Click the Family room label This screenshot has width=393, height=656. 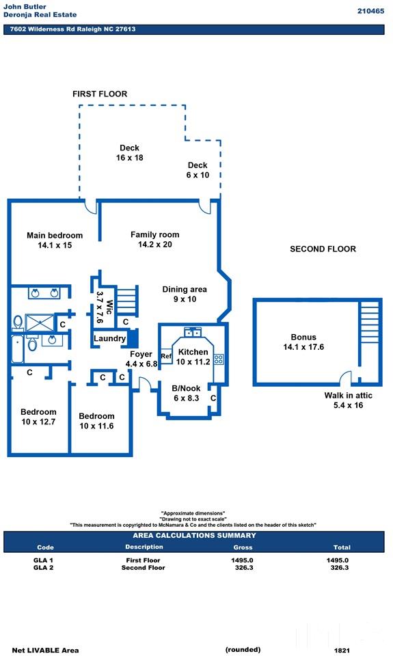tap(155, 234)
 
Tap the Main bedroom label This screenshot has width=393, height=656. tap(55, 236)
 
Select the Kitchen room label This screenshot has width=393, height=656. tap(193, 353)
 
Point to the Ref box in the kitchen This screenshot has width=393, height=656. tap(166, 356)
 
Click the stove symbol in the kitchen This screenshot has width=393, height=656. tap(219, 359)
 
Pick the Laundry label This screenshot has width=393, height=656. tap(109, 338)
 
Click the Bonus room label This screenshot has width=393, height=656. tap(303, 337)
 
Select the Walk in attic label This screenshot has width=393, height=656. tap(348, 396)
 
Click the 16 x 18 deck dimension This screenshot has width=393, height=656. tap(130, 158)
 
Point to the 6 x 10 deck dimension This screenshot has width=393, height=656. tap(198, 176)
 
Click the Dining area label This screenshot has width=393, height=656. tap(185, 290)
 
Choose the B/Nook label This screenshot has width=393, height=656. tap(186, 388)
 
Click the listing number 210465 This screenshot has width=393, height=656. tap(370, 12)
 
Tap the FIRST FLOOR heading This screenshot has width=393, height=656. tap(100, 94)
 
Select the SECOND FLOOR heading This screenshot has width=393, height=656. tap(323, 249)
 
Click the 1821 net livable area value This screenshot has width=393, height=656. tap(342, 651)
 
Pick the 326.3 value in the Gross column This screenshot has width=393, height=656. tap(243, 568)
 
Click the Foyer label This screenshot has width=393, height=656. tap(141, 355)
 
